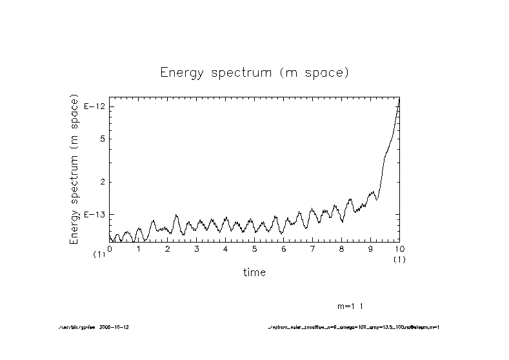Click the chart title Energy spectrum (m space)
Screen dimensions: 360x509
(254, 73)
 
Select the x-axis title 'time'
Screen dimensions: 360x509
(254, 272)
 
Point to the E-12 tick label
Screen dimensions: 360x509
(95, 106)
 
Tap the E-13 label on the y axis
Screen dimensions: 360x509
(95, 214)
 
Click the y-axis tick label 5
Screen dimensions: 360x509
(102, 139)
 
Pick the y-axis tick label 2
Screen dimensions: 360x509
(102, 182)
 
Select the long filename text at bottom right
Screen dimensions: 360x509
(353, 327)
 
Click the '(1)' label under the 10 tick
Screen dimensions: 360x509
(399, 259)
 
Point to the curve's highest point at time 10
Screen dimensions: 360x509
(399, 99)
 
